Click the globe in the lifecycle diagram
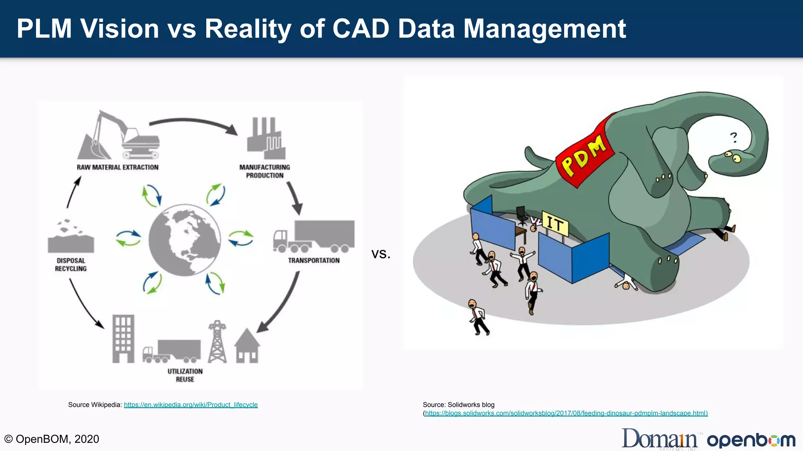pyautogui.click(x=184, y=240)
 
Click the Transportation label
pyautogui.click(x=314, y=260)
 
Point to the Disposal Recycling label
pyautogui.click(x=71, y=265)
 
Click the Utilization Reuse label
pyautogui.click(x=185, y=375)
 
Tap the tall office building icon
pyautogui.click(x=123, y=339)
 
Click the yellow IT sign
pyautogui.click(x=555, y=224)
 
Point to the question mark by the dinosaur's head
pyautogui.click(x=733, y=137)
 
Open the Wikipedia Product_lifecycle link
pyautogui.click(x=191, y=405)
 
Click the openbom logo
pyautogui.click(x=751, y=440)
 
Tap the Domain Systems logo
pyautogui.click(x=659, y=439)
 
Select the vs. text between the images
pyautogui.click(x=381, y=254)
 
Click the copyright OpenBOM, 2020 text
pyautogui.click(x=52, y=439)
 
